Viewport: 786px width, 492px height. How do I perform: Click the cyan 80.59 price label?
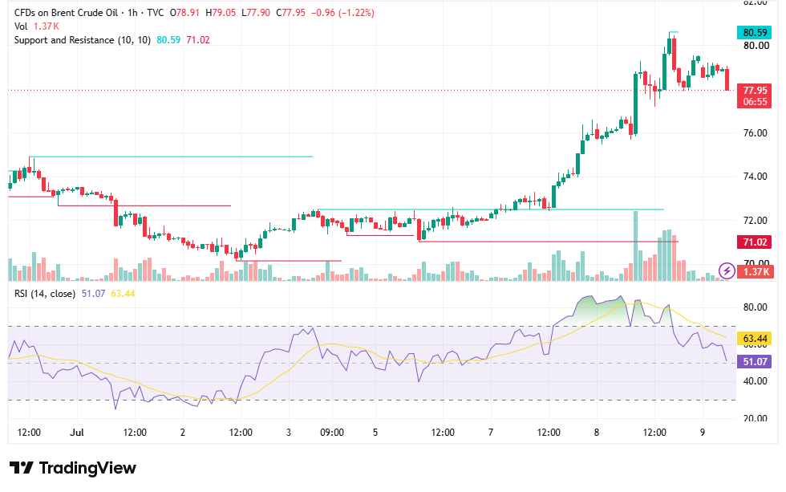[754, 33]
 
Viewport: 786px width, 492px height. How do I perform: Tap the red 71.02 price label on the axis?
[754, 242]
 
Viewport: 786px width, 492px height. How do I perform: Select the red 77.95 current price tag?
[754, 90]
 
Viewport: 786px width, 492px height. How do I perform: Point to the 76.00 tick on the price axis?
[756, 133]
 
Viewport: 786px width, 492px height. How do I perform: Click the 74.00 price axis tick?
[756, 176]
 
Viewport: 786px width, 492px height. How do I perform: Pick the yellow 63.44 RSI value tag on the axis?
[754, 339]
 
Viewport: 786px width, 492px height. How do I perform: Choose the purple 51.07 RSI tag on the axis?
[754, 362]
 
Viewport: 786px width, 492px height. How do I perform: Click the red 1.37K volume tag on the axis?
[756, 272]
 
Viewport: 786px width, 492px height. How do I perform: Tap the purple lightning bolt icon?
[727, 271]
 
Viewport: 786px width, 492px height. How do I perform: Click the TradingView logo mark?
[22, 468]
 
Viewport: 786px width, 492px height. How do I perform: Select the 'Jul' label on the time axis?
[77, 433]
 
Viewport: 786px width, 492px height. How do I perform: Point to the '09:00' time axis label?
[332, 433]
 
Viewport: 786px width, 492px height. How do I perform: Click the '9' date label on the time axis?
[703, 433]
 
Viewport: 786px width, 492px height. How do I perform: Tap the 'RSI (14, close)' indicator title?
[45, 294]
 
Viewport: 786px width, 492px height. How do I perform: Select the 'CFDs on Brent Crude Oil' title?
[66, 13]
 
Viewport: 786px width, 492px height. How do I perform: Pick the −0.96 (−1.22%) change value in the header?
[343, 13]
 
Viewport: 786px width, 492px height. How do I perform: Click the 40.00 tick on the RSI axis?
[755, 380]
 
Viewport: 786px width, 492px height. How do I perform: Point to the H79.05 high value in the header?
[221, 13]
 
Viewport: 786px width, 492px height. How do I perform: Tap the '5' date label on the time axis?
[375, 433]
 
